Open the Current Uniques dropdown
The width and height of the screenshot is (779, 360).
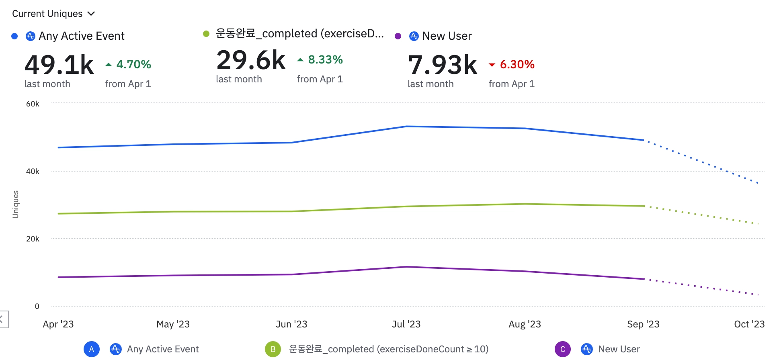[53, 14]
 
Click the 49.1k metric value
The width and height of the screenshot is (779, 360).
[59, 65]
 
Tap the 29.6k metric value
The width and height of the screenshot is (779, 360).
[251, 60]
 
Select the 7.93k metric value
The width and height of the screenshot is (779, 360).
[443, 65]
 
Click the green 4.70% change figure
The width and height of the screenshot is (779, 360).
[133, 64]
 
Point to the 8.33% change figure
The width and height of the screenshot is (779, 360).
[325, 59]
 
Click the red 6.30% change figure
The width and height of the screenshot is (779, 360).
[517, 64]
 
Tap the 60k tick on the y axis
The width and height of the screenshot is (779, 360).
[33, 104]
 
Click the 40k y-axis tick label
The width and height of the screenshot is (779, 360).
[33, 171]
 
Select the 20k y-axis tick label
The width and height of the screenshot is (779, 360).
[33, 239]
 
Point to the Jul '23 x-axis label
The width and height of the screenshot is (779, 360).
[406, 324]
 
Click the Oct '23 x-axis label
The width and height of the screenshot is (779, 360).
[749, 324]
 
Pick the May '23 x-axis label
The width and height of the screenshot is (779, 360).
[173, 324]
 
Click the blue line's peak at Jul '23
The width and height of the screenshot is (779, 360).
[406, 127]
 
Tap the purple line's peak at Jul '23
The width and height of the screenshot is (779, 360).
[406, 267]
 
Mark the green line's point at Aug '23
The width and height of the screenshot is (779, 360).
[525, 204]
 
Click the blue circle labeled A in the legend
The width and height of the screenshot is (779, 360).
[92, 349]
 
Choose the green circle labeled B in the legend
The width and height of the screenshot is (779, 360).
[273, 349]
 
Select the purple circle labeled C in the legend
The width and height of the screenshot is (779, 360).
[563, 349]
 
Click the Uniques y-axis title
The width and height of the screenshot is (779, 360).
[16, 204]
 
